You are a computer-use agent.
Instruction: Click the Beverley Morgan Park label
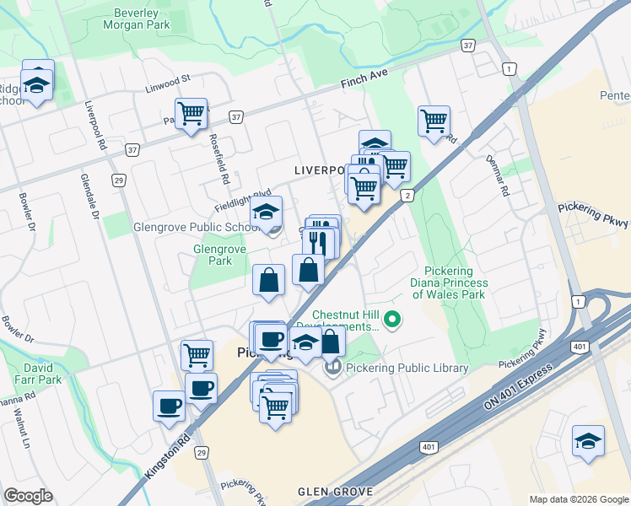[136, 18]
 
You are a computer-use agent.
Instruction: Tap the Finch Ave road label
[364, 80]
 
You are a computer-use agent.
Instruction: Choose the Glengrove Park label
[218, 256]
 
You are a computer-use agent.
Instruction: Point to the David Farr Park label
[43, 374]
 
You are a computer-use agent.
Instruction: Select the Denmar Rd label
[499, 175]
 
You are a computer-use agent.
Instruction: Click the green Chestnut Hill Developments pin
[391, 320]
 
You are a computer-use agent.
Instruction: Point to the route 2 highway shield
[408, 196]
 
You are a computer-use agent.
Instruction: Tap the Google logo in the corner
[28, 496]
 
